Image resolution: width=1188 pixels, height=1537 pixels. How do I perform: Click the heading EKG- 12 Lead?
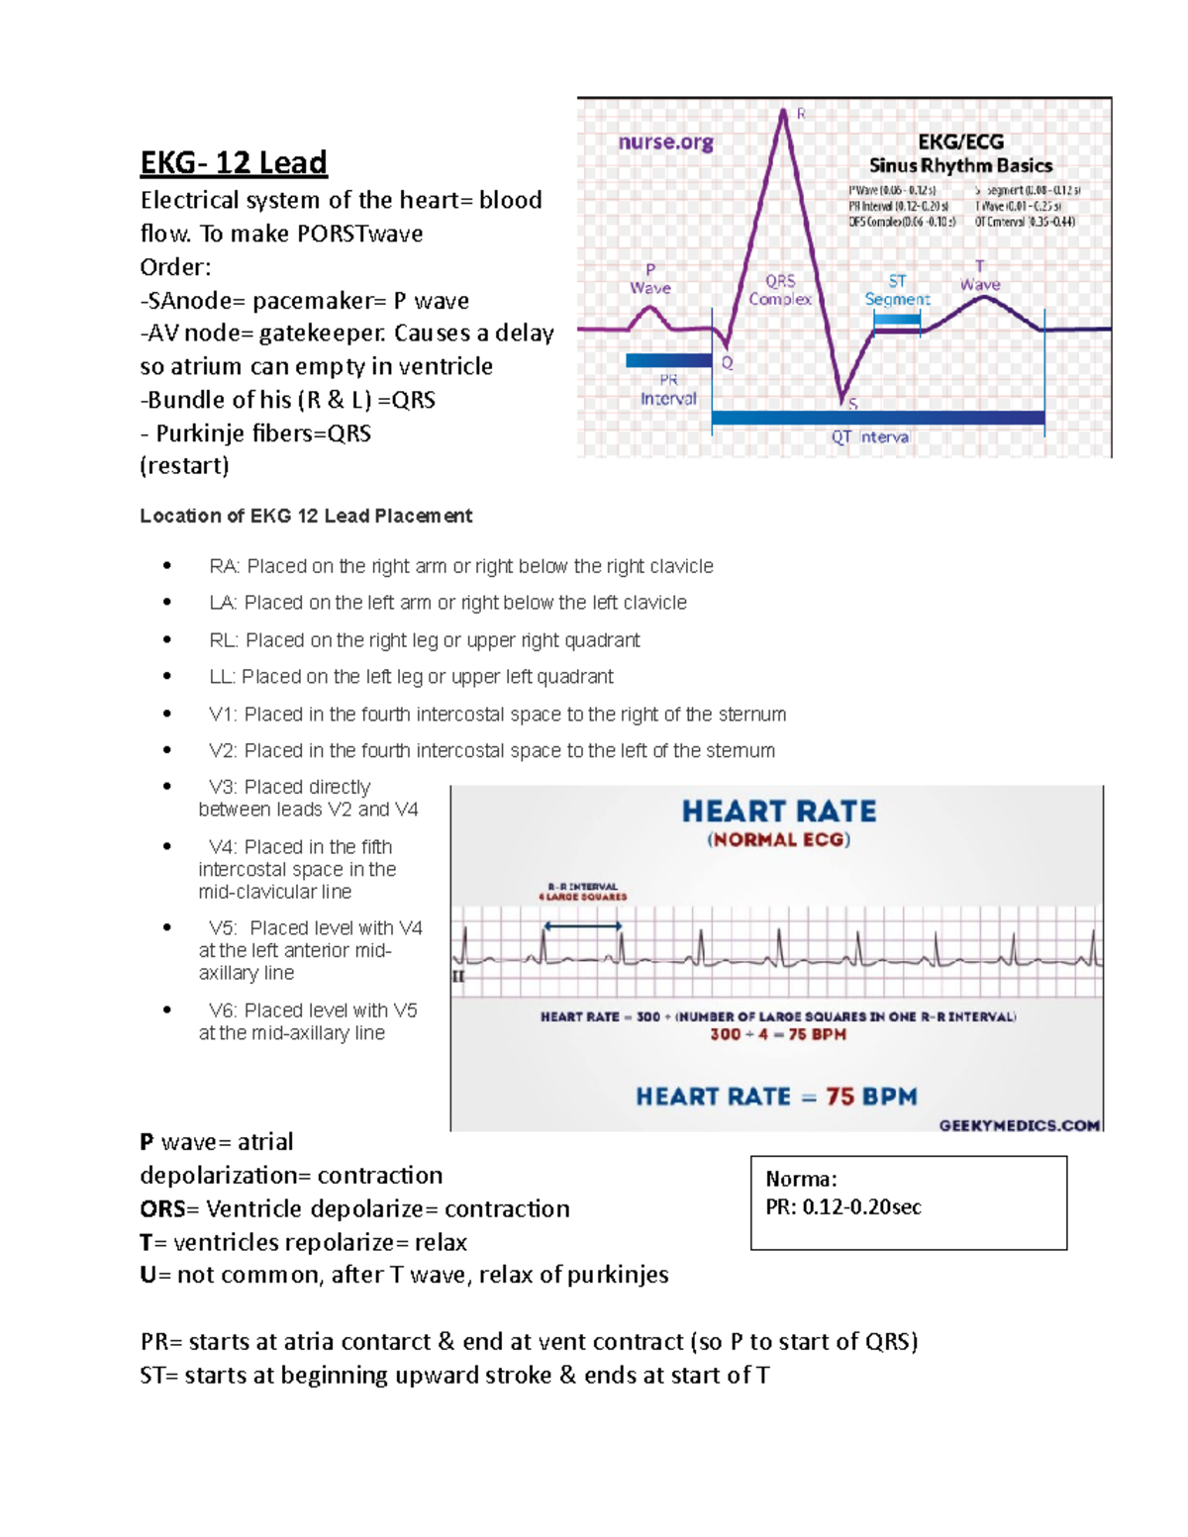(x=234, y=162)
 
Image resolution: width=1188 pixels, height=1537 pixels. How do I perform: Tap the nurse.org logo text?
(x=665, y=143)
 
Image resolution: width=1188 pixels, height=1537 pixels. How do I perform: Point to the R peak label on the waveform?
(x=801, y=114)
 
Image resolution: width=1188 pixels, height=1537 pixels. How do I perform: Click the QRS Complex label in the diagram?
(x=780, y=290)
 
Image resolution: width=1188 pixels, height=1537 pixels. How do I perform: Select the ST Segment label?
(x=897, y=290)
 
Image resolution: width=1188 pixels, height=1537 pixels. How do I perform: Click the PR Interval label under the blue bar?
(x=668, y=389)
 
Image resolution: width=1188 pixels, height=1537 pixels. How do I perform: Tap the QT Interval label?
(x=870, y=436)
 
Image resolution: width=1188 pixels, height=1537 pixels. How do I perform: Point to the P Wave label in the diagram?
(x=650, y=279)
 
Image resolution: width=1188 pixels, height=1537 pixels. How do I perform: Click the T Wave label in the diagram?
(x=979, y=275)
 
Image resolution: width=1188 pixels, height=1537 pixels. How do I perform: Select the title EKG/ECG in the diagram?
(x=960, y=142)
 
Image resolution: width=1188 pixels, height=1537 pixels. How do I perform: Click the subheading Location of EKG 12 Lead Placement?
(x=306, y=516)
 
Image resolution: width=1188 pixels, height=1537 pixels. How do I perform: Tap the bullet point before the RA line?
(x=167, y=566)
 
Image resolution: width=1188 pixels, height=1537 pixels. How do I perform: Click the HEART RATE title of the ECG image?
(x=779, y=812)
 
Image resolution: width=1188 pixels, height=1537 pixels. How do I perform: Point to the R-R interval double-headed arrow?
(x=583, y=926)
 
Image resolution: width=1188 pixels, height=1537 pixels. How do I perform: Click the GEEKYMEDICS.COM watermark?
(x=1019, y=1125)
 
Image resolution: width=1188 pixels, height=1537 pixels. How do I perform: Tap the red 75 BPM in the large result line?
(x=871, y=1097)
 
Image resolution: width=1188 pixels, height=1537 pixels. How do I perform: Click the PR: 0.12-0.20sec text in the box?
(x=842, y=1207)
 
